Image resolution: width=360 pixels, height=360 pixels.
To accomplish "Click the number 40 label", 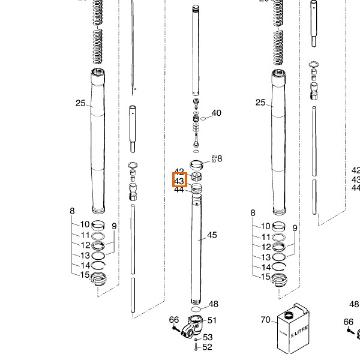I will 216,113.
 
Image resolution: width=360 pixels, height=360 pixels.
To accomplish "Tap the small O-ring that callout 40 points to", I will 203,118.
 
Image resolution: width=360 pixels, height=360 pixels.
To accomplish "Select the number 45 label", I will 212,235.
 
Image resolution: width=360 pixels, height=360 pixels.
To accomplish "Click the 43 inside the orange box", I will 179,181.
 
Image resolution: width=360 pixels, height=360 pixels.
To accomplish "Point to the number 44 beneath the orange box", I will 179,190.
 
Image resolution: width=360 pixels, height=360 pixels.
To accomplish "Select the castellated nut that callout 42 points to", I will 196,177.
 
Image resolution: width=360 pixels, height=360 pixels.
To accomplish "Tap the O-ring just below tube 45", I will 196,311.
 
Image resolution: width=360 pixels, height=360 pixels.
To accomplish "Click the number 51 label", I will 212,320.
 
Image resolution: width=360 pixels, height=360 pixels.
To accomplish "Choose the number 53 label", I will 208,337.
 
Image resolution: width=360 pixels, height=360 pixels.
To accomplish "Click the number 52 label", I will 208,347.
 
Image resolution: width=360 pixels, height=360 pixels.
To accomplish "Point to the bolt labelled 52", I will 196,347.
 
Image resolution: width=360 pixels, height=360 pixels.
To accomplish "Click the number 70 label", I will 266,320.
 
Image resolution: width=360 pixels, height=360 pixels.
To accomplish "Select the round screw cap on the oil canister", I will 289,314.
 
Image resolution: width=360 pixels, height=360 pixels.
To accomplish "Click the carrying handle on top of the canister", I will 303,310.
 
